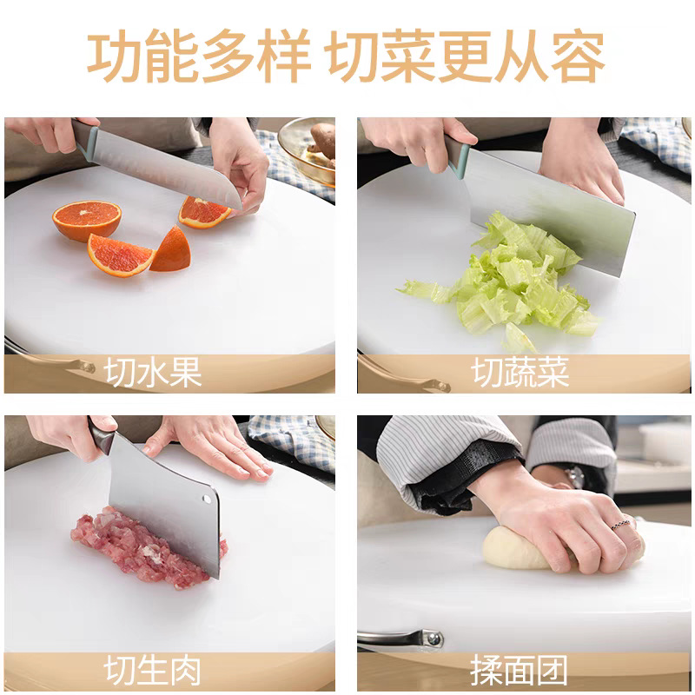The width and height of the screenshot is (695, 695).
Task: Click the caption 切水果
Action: coord(153,373)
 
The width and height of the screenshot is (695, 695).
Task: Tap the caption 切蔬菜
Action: coord(520,373)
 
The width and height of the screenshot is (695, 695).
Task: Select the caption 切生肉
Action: coord(153,671)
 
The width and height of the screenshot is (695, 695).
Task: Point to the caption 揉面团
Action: coord(519,671)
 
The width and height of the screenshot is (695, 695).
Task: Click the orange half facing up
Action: coord(87,221)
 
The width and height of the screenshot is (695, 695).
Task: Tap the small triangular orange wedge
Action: coord(172,249)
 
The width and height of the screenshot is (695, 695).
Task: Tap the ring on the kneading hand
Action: coord(620,526)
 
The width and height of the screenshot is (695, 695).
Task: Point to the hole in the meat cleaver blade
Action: coord(207,500)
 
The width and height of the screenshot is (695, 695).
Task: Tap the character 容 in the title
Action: coord(578,56)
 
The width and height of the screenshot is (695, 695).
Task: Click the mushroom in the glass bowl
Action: coord(322,141)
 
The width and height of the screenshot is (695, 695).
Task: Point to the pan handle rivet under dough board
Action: coord(432,639)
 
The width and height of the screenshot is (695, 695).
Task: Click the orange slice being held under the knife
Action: coord(203,213)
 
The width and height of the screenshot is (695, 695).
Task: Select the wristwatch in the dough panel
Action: coord(575,476)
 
